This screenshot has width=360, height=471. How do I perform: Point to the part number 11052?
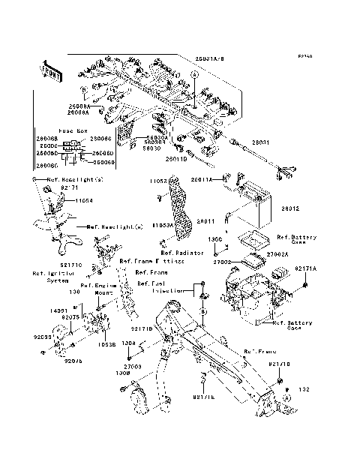(x=157, y=181)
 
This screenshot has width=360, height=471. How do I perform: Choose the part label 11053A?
(x=163, y=224)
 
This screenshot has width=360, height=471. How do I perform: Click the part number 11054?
(x=85, y=201)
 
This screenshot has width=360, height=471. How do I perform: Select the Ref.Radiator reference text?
(x=182, y=253)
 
